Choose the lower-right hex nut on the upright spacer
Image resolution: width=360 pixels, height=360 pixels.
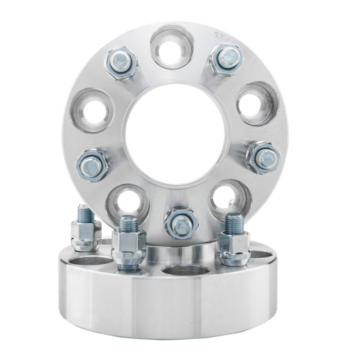[x=262, y=158]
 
